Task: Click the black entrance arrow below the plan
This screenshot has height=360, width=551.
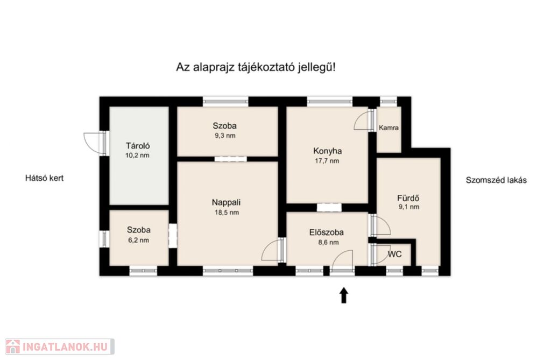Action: pos(344,295)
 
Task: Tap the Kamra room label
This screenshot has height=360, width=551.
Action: pos(388,128)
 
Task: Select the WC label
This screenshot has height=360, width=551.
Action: pos(394,254)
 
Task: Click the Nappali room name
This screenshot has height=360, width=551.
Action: pos(227,202)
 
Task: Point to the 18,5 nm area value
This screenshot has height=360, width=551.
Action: pos(227,213)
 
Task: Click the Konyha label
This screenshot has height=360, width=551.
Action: pos(328,151)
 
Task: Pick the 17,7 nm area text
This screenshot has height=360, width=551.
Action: pos(327,161)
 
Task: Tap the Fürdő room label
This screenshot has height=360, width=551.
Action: pos(408,197)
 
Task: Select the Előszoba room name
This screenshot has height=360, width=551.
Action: pos(327,232)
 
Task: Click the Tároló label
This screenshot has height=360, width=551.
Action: pos(138,145)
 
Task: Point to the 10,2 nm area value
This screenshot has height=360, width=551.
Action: pos(137,156)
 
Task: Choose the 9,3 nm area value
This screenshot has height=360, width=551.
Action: pos(225,136)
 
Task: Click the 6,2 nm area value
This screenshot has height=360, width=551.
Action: pos(138,241)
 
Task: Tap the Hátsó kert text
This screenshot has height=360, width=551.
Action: pos(44,178)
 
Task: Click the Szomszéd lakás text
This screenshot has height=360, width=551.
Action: pos(496,180)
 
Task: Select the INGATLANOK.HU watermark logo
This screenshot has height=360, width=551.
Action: pos(60,347)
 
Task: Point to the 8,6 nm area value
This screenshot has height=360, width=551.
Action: pos(329,243)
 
